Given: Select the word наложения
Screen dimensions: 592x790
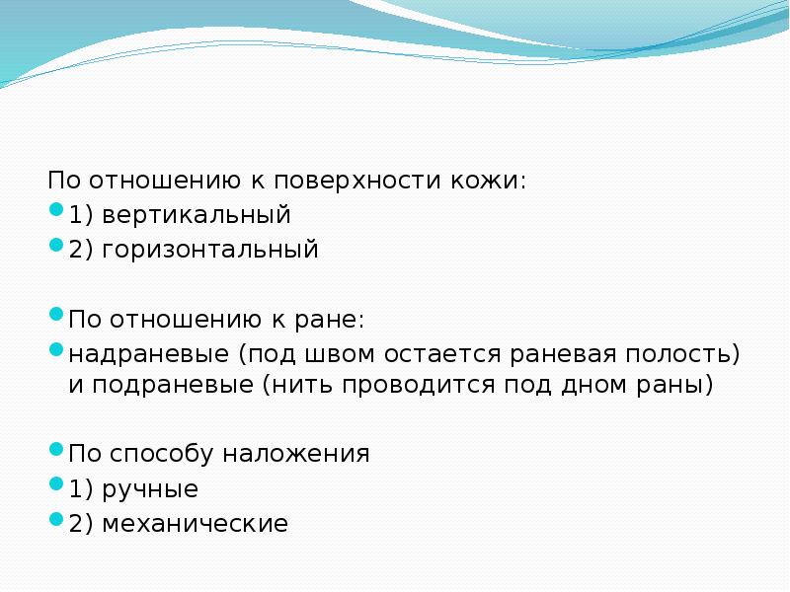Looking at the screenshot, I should pyautogui.click(x=296, y=455).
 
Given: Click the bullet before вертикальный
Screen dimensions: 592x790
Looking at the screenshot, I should pyautogui.click(x=56, y=211).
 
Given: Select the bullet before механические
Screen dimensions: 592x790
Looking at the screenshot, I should pyautogui.click(x=56, y=520).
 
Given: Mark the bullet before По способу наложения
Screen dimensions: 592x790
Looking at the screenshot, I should pyautogui.click(x=56, y=451).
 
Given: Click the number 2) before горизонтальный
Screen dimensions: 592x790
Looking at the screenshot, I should pyautogui.click(x=80, y=249).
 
